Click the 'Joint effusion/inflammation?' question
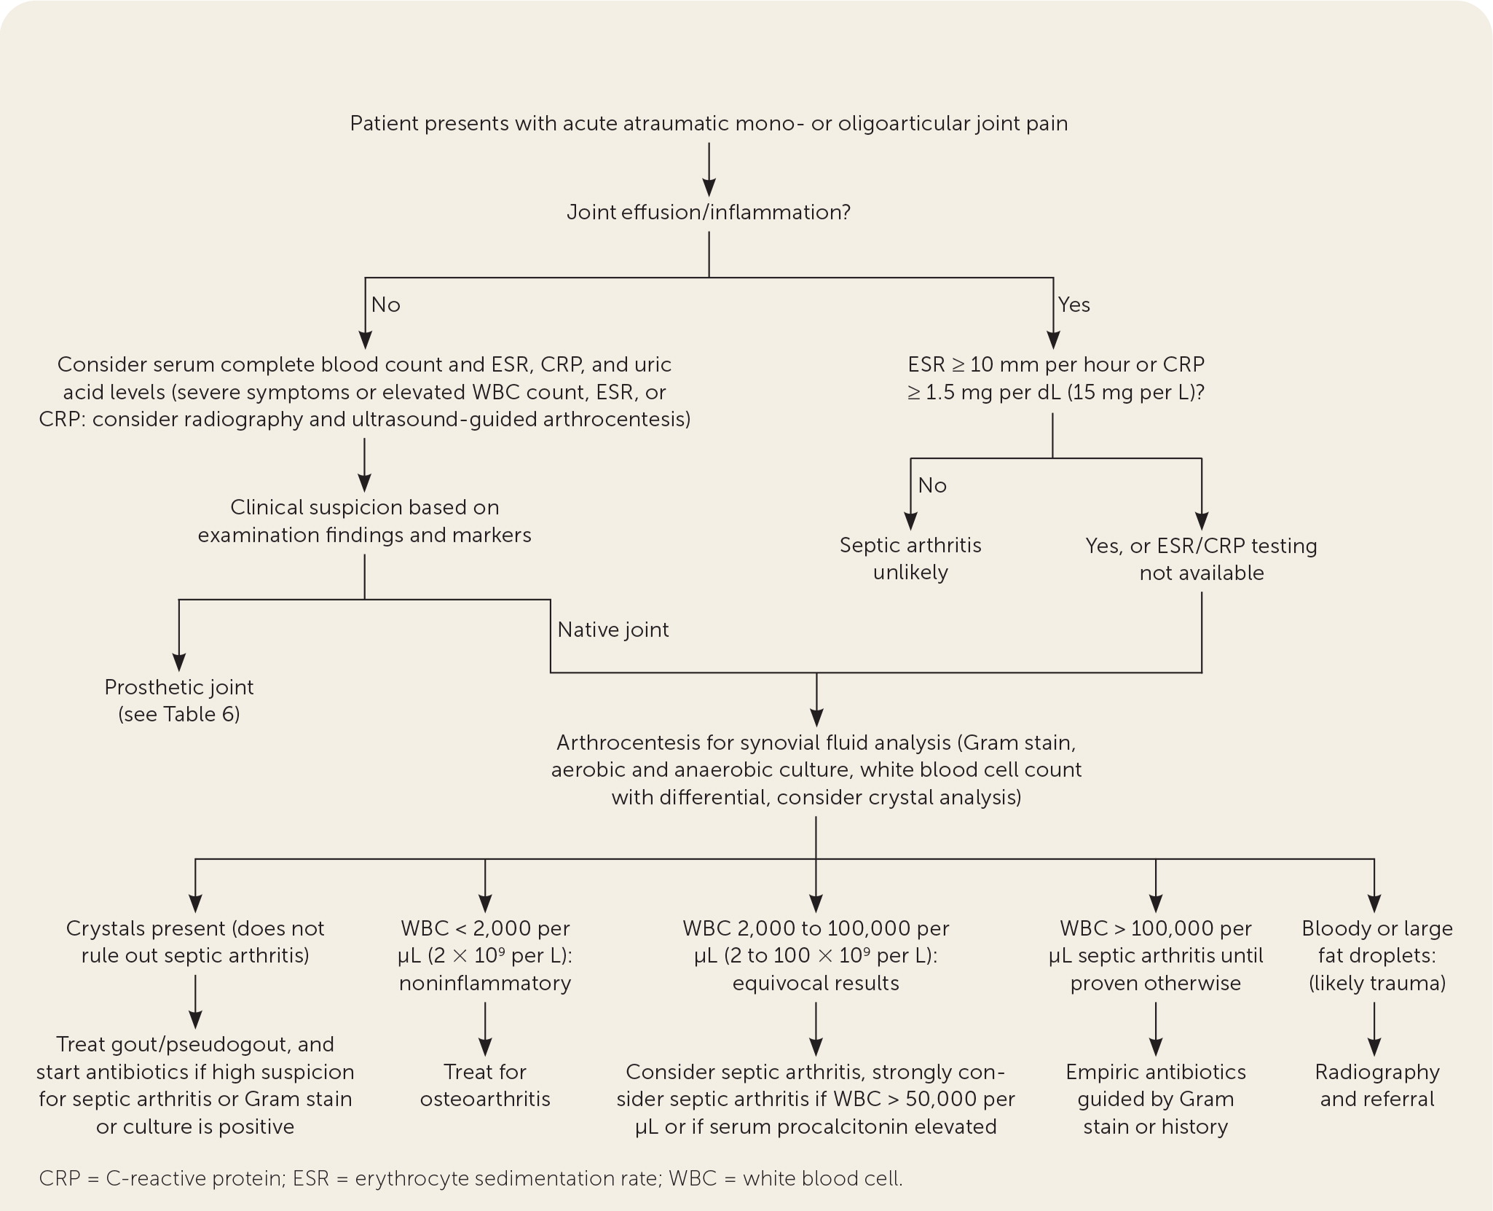[709, 213]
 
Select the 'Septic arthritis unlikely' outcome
[910, 559]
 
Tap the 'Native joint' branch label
[612, 630]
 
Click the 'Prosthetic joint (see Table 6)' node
[179, 700]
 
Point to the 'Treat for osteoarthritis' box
[485, 1086]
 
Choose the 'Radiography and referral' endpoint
[1377, 1086]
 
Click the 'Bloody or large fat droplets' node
[1377, 955]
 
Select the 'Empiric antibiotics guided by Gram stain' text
[1156, 1099]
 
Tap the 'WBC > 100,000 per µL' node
[1156, 955]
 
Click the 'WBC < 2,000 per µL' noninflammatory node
[485, 955]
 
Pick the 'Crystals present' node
[195, 941]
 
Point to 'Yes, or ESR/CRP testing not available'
[1201, 559]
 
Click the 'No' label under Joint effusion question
[385, 305]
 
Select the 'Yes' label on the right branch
[1074, 305]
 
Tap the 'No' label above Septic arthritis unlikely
[932, 485]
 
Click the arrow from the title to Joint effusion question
[709, 169]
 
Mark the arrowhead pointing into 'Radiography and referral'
[1374, 1047]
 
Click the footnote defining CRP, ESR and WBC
[470, 1178]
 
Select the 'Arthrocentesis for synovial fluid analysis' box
[816, 770]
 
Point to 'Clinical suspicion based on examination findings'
[364, 521]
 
